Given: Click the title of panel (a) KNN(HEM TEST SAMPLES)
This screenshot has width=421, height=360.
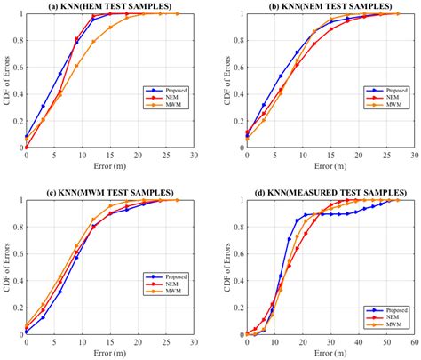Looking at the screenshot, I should (110, 6).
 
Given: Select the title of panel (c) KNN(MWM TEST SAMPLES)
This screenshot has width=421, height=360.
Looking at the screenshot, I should (110, 192).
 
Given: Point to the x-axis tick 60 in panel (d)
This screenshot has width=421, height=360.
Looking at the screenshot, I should (409, 343).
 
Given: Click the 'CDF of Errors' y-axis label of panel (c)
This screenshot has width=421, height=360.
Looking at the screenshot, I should (6, 268).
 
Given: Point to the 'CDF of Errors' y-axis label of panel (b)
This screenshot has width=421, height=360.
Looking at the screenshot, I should (219, 81).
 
